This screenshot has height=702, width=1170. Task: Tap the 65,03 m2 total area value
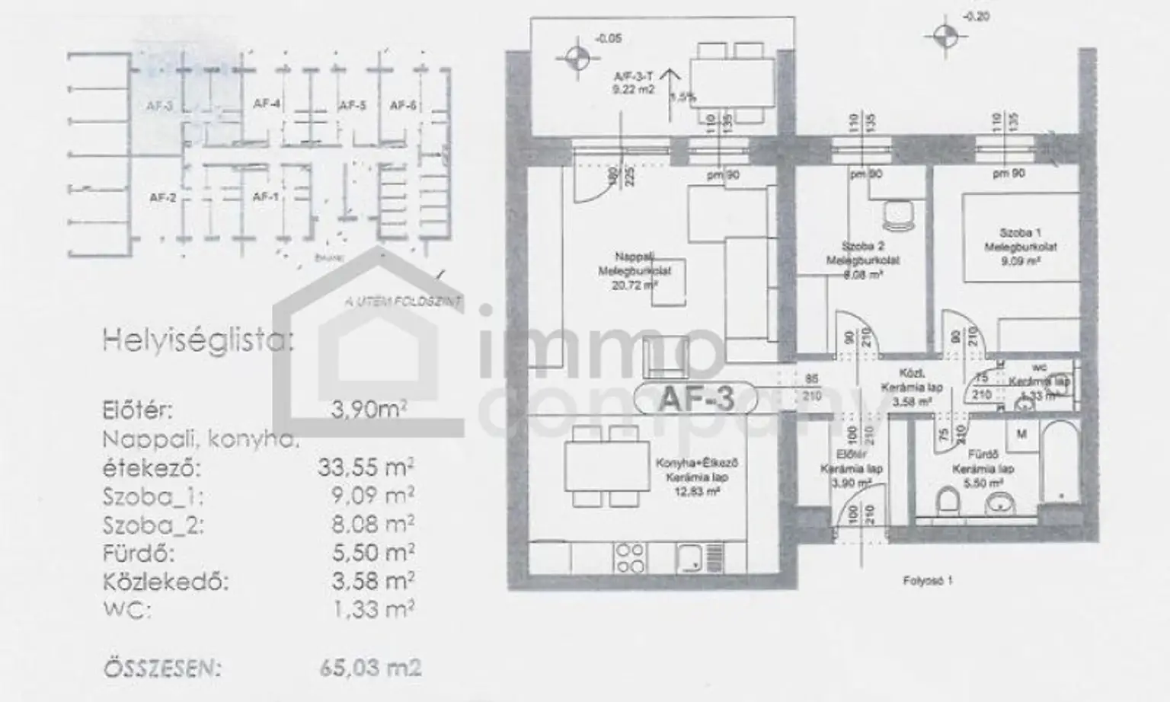click(370, 668)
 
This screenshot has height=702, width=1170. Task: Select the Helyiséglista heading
click(197, 340)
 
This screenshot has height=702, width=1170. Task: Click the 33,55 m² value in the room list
click(366, 467)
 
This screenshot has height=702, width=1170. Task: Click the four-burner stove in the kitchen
click(631, 557)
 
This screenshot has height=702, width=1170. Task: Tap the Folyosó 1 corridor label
click(927, 580)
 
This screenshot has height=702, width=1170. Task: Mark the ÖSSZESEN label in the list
click(162, 668)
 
